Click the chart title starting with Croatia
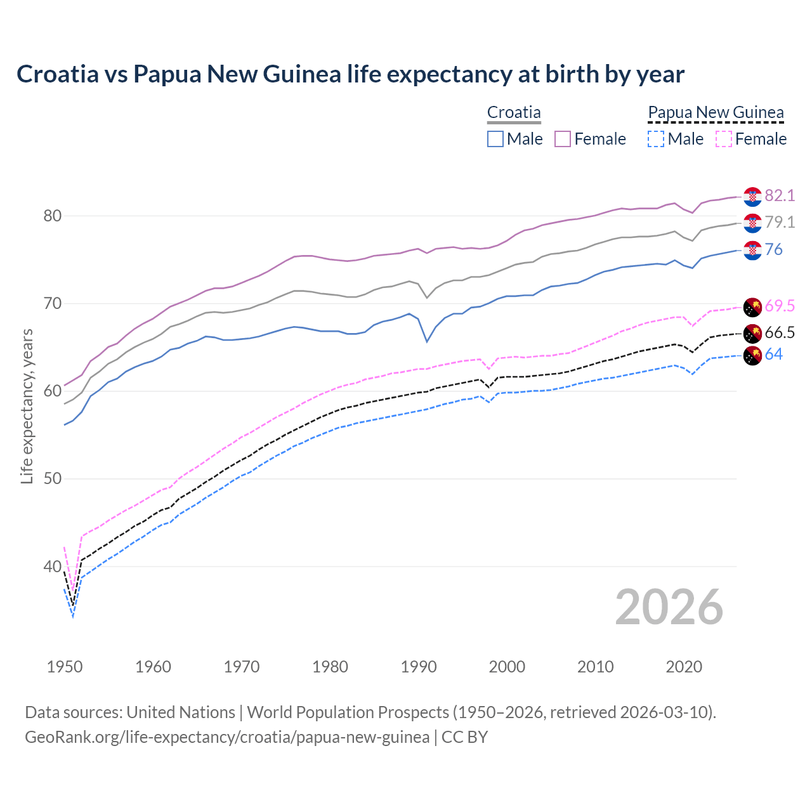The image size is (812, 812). (x=350, y=74)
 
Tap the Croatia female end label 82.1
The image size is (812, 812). (x=780, y=195)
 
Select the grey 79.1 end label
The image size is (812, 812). (x=780, y=222)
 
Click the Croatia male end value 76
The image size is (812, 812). (x=773, y=249)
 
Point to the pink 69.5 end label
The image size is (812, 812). (x=780, y=306)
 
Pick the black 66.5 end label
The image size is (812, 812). (x=780, y=332)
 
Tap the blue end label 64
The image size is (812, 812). (x=773, y=354)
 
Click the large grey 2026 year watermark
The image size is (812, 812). (x=669, y=607)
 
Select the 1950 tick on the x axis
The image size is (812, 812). (x=65, y=667)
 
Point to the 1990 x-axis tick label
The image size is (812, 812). (x=419, y=667)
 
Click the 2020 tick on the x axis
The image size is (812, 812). (x=684, y=667)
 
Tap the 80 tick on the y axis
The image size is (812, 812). (x=52, y=216)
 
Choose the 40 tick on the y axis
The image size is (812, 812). (x=52, y=566)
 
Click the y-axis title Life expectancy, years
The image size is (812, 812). (x=27, y=406)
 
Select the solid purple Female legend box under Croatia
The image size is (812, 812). (x=563, y=139)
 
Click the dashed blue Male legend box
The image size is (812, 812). (x=656, y=139)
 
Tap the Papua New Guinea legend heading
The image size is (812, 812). (x=716, y=112)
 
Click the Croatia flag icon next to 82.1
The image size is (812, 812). (x=752, y=197)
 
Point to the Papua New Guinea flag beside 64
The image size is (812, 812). (x=752, y=356)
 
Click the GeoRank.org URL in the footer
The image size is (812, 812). (x=227, y=737)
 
